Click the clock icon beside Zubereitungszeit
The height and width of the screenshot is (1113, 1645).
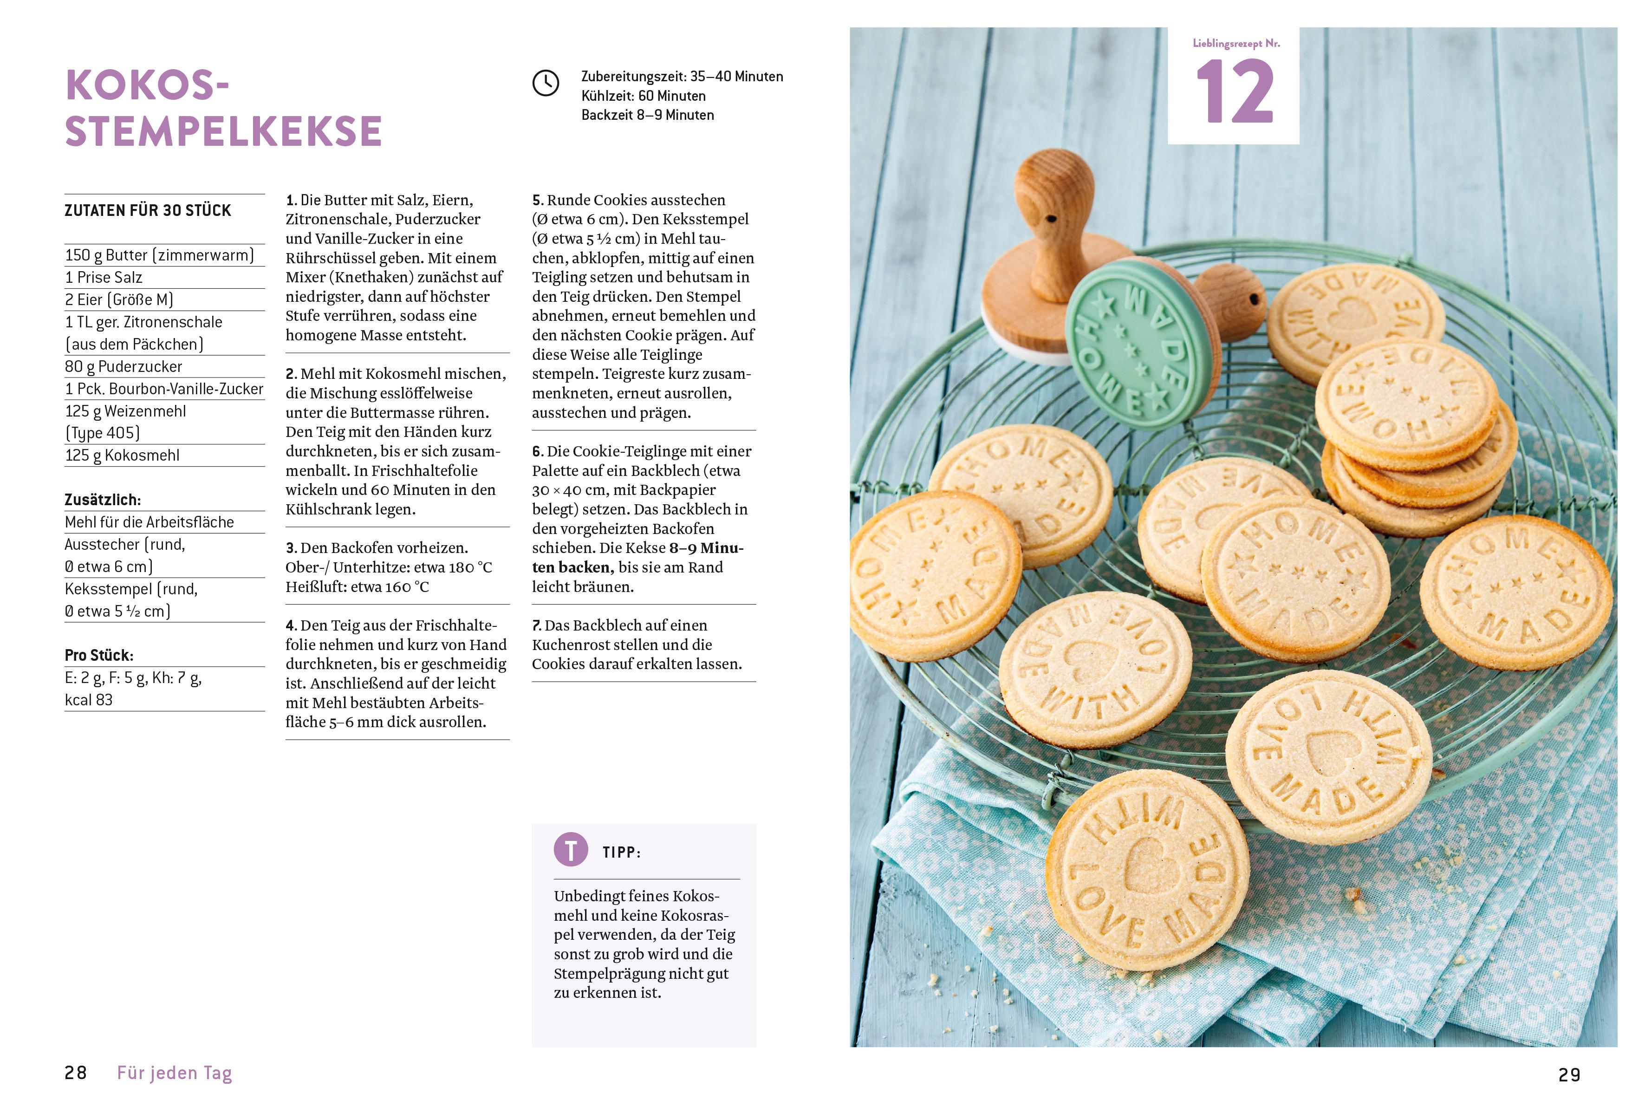click(x=545, y=84)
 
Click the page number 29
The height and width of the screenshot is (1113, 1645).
click(x=1569, y=1075)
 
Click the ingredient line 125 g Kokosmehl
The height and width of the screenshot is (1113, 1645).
click(x=123, y=455)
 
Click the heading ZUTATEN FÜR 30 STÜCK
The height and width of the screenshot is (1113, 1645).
click(x=148, y=210)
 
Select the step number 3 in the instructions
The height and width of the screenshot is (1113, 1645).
click(x=290, y=548)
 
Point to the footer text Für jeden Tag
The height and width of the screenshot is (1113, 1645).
click(x=174, y=1074)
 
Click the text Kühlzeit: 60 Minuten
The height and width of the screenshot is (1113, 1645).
click(x=644, y=96)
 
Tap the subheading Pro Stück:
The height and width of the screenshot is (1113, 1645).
click(x=99, y=655)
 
